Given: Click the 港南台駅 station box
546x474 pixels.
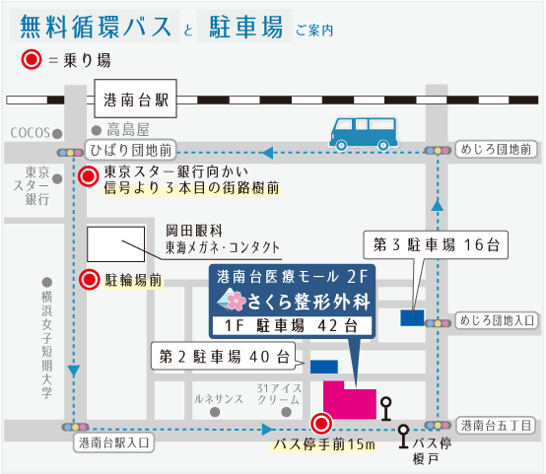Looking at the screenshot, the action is click(135, 99).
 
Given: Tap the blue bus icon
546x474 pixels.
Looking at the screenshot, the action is click(364, 134).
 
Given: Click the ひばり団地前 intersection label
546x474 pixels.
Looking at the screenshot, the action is click(130, 150).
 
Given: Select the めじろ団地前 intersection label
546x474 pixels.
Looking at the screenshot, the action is click(496, 150).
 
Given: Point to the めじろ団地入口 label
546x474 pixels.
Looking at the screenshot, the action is click(497, 320).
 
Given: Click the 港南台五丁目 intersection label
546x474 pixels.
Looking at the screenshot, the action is click(496, 426).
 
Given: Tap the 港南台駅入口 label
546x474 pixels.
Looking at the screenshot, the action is click(114, 442).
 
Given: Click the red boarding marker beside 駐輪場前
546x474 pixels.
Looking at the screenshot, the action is click(90, 280).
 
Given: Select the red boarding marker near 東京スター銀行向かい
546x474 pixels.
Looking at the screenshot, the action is click(89, 176).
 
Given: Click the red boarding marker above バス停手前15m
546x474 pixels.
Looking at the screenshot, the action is click(321, 424).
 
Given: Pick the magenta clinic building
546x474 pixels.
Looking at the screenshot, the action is click(350, 400).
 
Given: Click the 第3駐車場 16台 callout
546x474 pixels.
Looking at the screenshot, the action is click(436, 244).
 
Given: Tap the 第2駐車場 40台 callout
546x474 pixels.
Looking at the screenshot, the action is click(224, 357).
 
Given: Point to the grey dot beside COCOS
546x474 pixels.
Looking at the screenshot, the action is click(57, 133).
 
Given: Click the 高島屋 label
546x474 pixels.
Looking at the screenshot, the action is click(128, 130).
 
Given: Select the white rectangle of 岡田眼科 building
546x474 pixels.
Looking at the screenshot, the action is click(115, 244).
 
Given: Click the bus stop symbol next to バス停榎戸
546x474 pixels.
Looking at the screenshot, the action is click(403, 437).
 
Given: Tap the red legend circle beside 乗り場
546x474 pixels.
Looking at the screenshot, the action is click(32, 59).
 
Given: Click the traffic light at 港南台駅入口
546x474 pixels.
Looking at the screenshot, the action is click(75, 427).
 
